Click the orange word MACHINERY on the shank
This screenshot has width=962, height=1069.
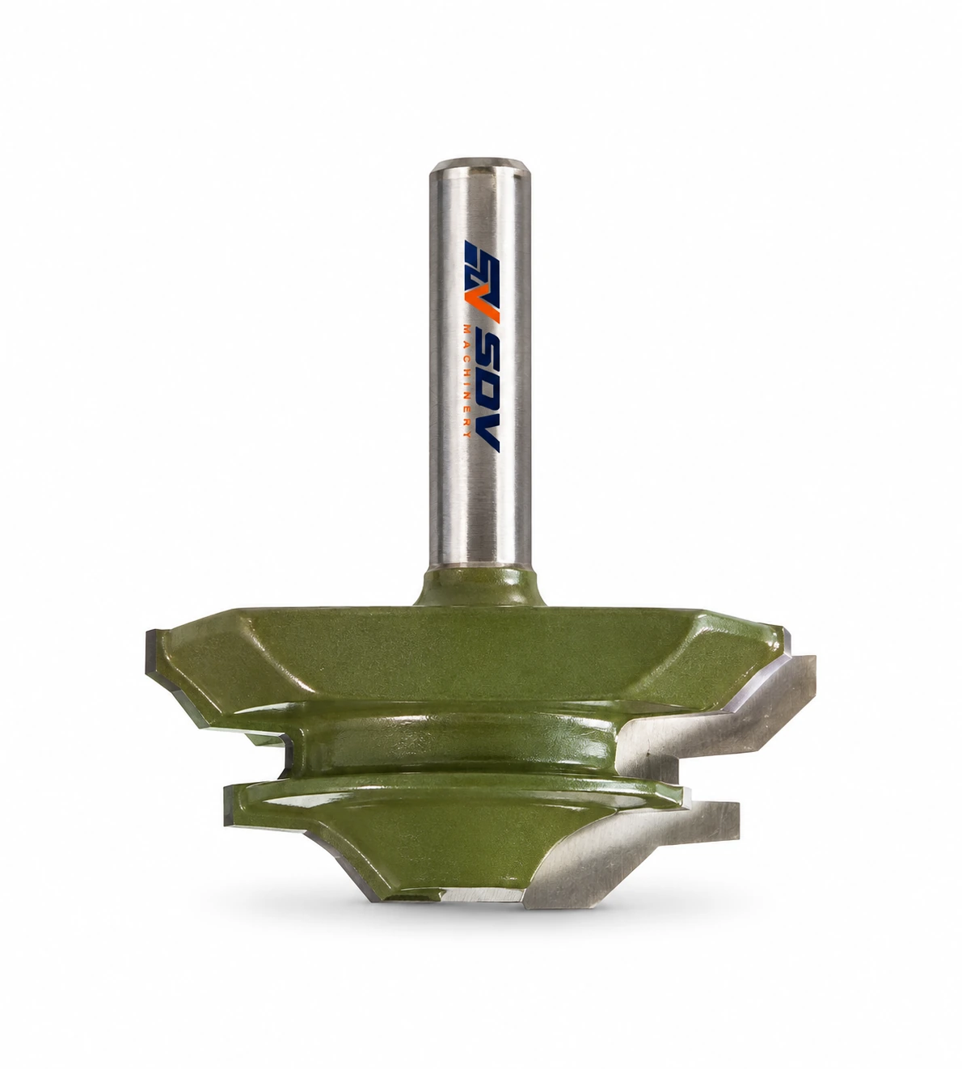click(467, 381)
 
